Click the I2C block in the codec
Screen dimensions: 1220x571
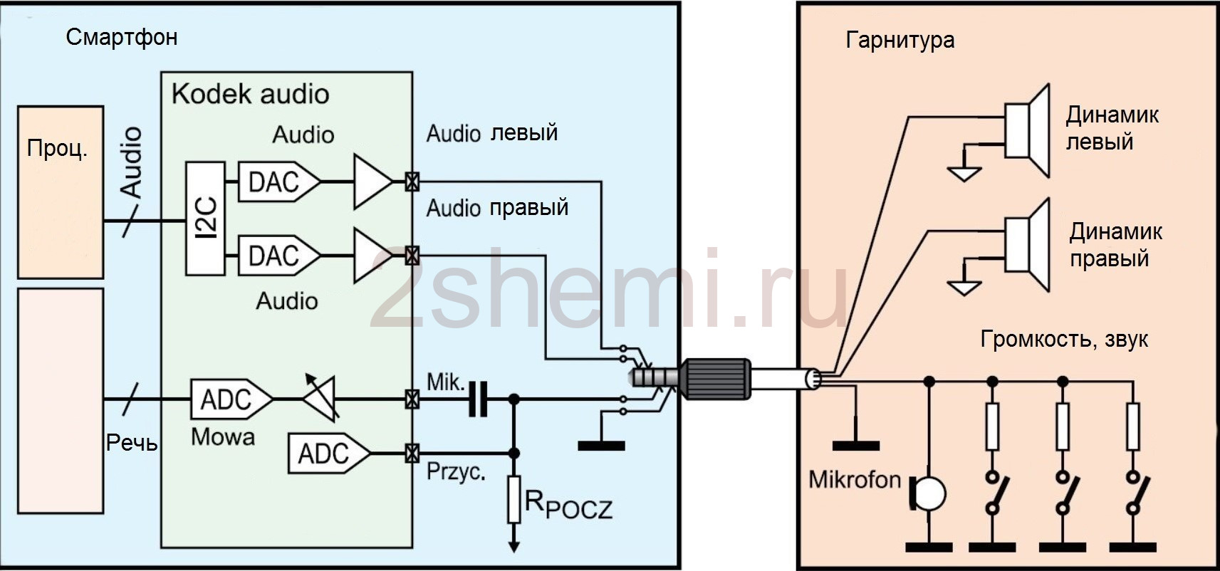point(205,219)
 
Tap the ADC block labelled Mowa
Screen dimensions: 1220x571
point(231,399)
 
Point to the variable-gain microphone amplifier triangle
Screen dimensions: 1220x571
point(320,399)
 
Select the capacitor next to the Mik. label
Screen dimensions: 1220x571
point(478,399)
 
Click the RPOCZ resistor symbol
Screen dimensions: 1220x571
point(513,499)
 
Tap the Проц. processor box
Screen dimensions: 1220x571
point(61,192)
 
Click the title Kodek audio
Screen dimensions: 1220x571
point(251,94)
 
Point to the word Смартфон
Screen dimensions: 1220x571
point(122,37)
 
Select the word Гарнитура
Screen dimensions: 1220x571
point(900,41)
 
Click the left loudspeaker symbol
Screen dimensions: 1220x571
point(1027,130)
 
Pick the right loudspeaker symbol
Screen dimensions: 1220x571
point(1027,245)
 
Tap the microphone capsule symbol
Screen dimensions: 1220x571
point(929,493)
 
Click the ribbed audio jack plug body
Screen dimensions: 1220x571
point(716,379)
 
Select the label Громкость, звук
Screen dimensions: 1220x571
point(1064,339)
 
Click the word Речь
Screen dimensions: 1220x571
point(132,443)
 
